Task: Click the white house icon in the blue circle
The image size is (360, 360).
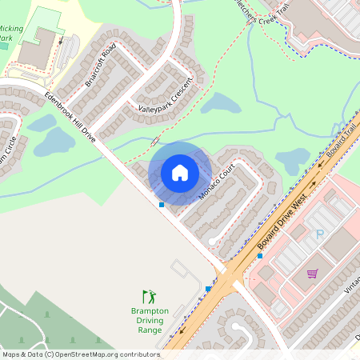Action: tap(180, 173)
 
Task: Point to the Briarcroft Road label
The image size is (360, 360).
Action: tap(104, 58)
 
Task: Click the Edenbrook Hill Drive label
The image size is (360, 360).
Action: tap(70, 118)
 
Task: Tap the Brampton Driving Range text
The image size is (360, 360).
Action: tap(150, 320)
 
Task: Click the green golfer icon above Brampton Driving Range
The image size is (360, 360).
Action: tap(149, 297)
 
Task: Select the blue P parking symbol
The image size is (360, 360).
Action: tap(320, 234)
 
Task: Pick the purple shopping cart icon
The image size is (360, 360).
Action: tap(312, 274)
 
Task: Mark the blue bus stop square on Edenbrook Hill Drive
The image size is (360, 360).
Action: tap(162, 205)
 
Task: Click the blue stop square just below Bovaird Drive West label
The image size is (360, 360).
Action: tap(259, 256)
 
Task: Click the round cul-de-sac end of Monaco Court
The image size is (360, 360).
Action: tap(212, 239)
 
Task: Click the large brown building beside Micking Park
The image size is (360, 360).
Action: tap(36, 52)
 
